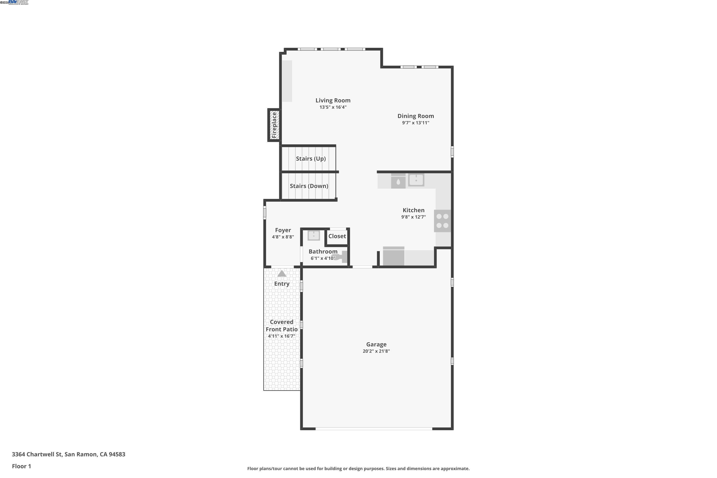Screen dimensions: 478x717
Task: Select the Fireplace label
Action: coord(274,125)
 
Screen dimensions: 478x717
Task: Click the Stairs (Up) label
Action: coord(311,158)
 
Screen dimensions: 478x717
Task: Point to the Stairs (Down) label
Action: coord(309,186)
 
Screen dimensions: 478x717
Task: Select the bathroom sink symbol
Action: coord(313,236)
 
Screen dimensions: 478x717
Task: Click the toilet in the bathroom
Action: coord(342,257)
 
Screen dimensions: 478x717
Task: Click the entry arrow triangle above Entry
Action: coord(282,274)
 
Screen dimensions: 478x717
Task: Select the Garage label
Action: coord(376,344)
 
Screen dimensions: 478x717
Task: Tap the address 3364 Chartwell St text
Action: coord(68,454)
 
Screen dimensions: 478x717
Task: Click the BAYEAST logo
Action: coord(18,2)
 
